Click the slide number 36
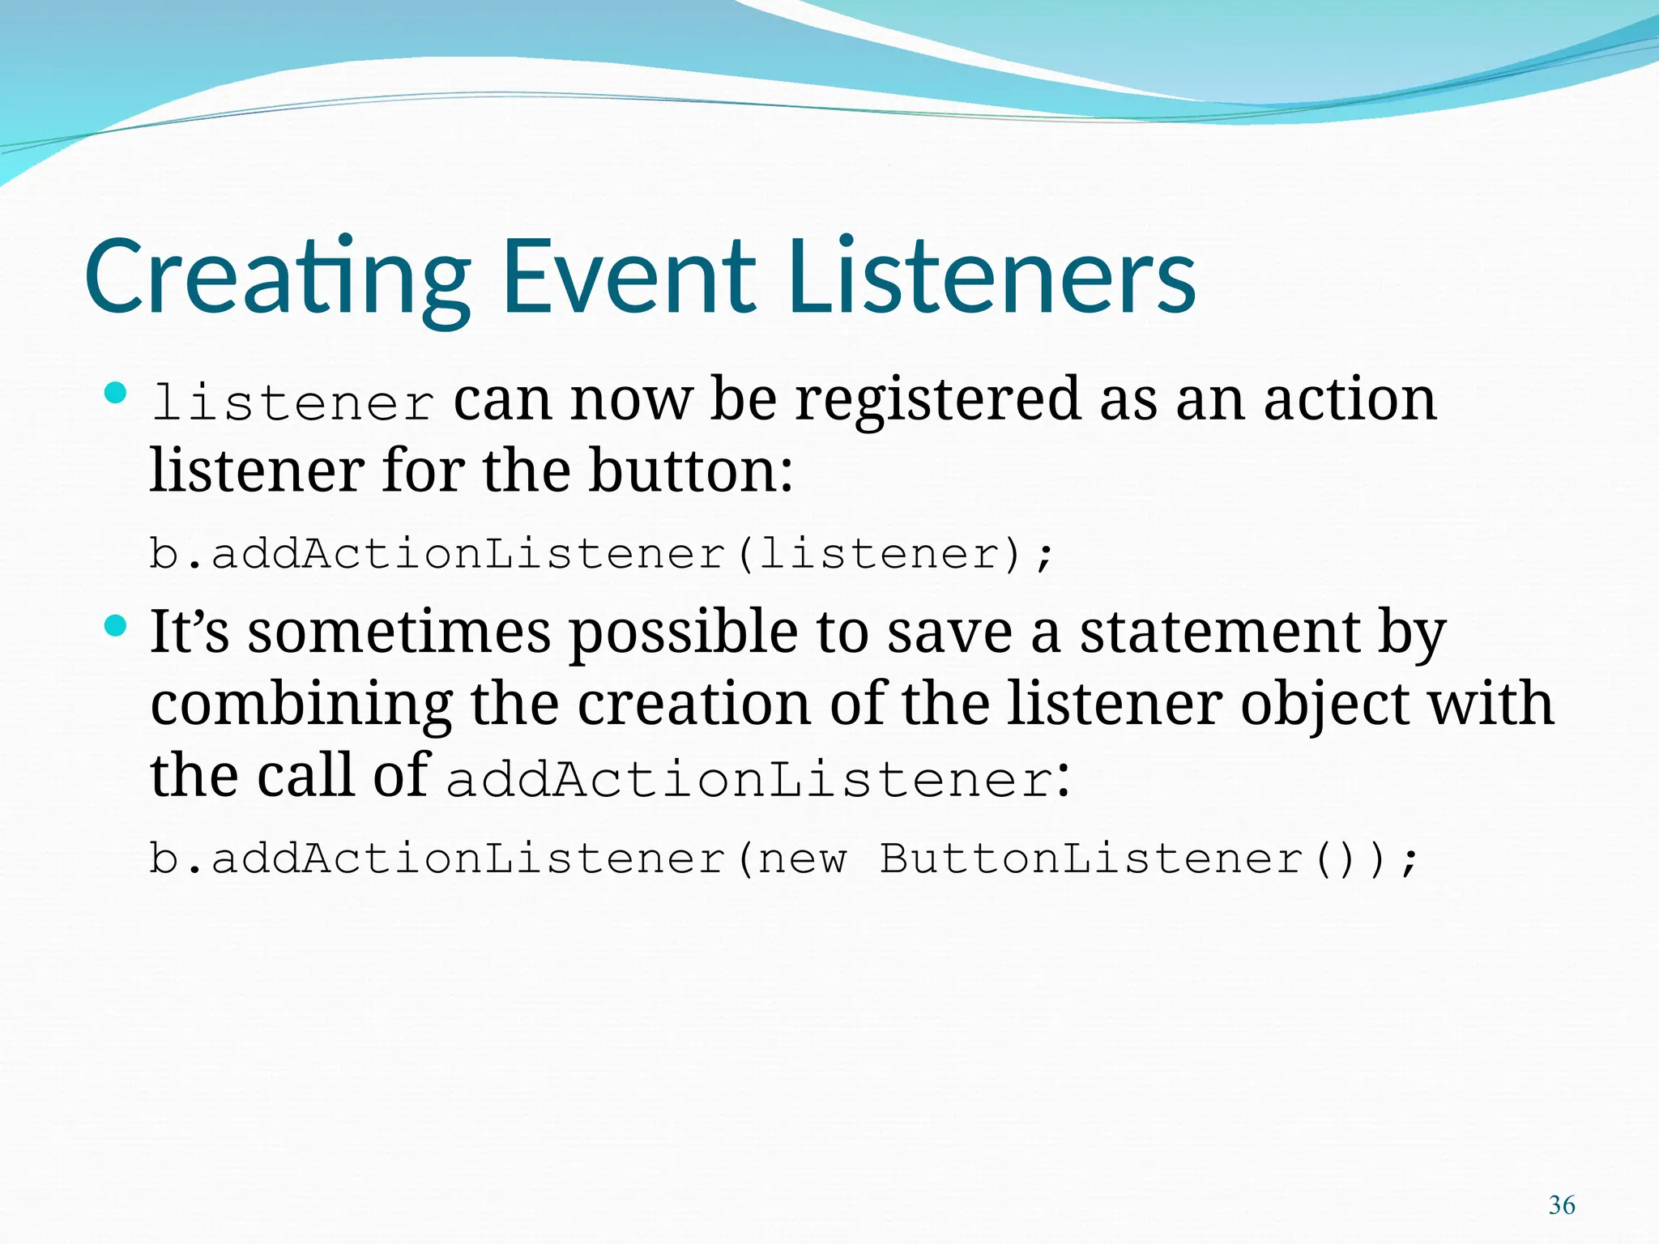pos(1561,1205)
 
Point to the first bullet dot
pos(117,394)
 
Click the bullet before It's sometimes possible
pos(117,626)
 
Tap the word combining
pos(301,705)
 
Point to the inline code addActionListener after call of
pos(750,780)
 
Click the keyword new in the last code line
pos(803,859)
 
